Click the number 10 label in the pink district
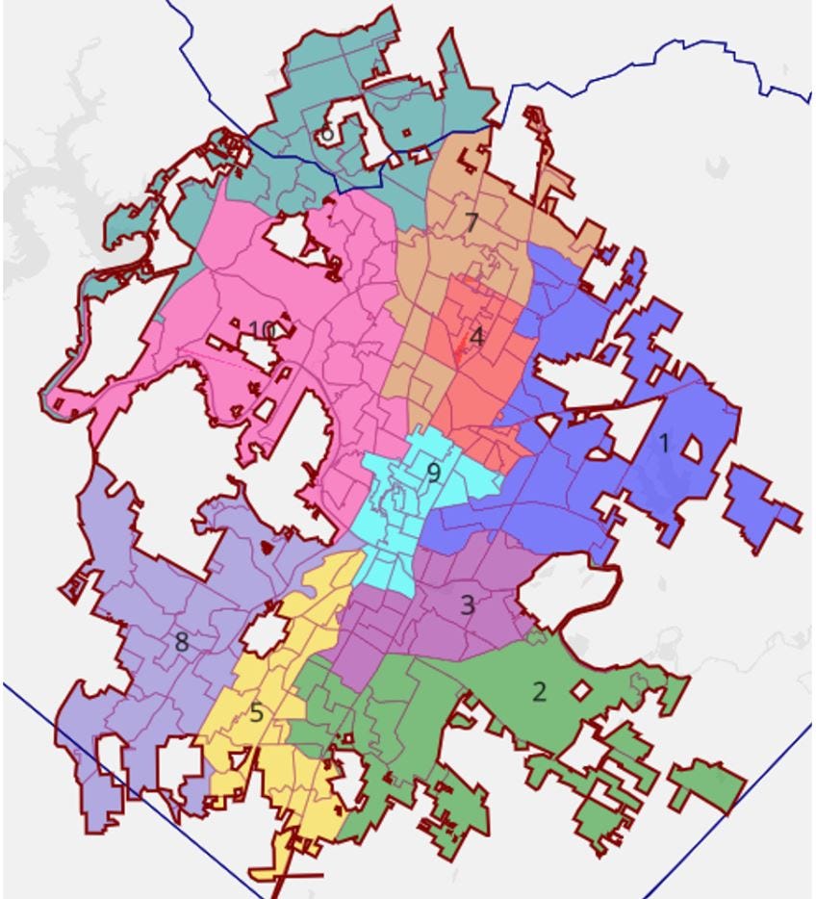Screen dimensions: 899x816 point(261,330)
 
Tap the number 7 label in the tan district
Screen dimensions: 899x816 point(472,222)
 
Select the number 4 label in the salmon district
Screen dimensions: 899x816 point(476,337)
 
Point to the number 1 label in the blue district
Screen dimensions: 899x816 point(663,443)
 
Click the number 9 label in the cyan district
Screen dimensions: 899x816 point(433,473)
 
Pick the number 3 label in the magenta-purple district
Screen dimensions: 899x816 point(468,605)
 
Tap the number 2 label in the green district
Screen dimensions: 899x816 point(539,691)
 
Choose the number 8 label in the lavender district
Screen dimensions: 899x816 point(182,642)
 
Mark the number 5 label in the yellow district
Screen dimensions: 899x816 point(256,714)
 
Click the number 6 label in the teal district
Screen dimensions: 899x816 point(328,134)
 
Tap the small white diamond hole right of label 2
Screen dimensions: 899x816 point(580,690)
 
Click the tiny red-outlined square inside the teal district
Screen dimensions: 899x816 point(406,133)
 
